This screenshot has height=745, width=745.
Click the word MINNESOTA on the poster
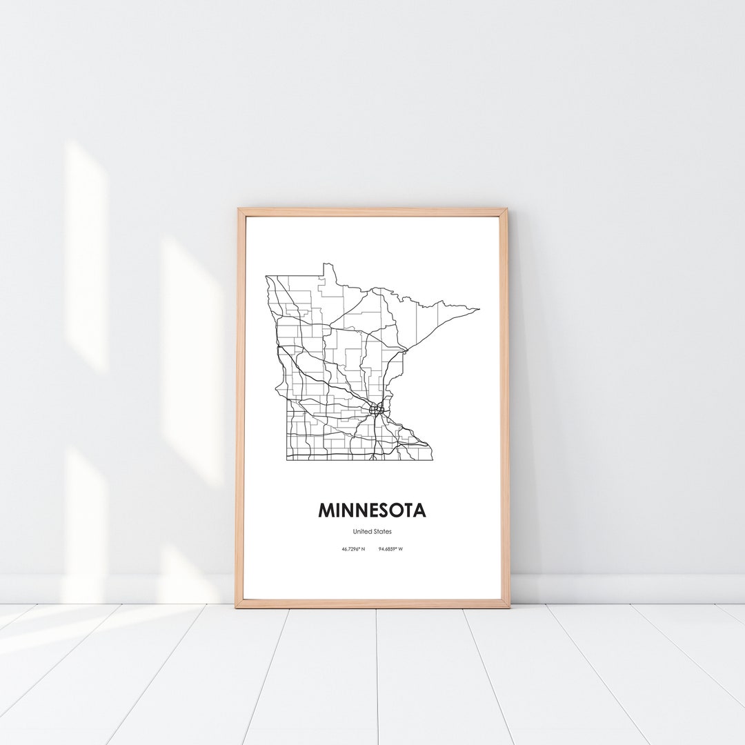[372, 510]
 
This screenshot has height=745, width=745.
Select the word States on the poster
[382, 531]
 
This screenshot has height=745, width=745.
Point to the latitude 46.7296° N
[353, 549]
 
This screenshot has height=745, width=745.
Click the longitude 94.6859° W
[391, 549]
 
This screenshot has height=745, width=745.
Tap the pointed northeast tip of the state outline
[479, 310]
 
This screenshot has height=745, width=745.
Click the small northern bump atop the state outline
[329, 266]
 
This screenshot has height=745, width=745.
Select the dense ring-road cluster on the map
[376, 410]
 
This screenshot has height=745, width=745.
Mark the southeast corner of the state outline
[432, 459]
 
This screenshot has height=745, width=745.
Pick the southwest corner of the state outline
[287, 459]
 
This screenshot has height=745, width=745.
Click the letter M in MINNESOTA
[326, 510]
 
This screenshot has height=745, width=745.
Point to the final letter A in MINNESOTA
[419, 510]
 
